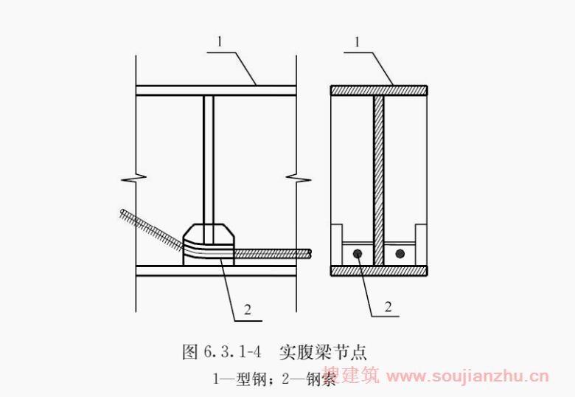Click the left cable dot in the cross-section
(x=357, y=254)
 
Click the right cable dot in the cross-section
(x=400, y=254)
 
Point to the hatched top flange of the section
(x=379, y=90)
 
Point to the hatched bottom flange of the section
(x=379, y=271)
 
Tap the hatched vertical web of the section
(x=379, y=177)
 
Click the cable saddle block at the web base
(x=210, y=244)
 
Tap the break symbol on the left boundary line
(x=136, y=179)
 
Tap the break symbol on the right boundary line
(x=296, y=179)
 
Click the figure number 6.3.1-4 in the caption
(x=228, y=352)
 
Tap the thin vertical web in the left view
(x=209, y=155)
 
